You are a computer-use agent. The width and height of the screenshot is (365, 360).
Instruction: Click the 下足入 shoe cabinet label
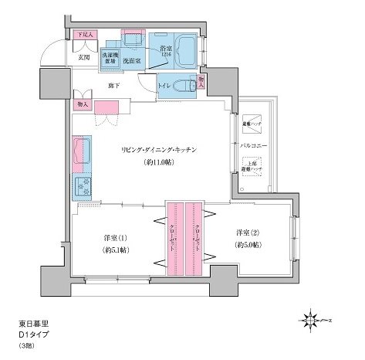pos(85,35)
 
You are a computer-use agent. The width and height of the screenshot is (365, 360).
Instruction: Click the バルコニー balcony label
pos(252,145)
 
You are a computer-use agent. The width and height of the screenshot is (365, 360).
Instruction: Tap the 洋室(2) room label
pos(246,232)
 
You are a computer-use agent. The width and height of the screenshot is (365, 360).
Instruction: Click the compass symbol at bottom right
pos(312,318)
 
